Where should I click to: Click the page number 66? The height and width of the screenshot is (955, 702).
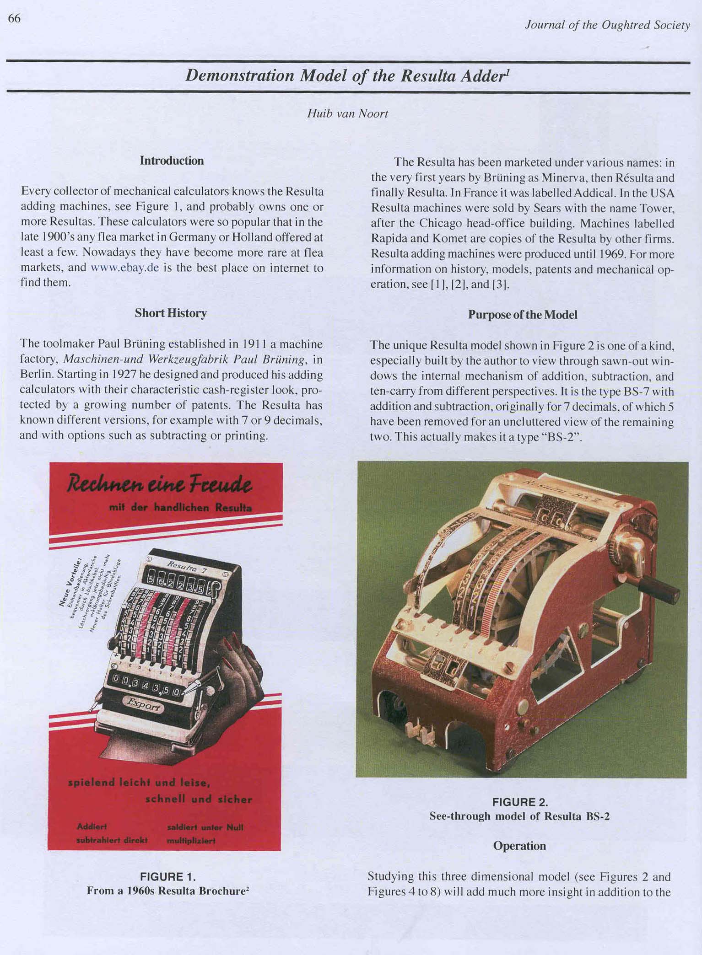coord(14,19)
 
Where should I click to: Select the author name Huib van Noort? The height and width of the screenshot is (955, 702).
coord(347,113)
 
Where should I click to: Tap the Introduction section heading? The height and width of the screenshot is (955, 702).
coord(172,161)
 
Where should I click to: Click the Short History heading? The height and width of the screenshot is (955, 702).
coord(171,313)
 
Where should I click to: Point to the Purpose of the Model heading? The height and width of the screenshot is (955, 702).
coord(522,315)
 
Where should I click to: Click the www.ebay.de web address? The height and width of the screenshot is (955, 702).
coord(125,268)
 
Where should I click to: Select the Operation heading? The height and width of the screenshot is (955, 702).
coord(519,846)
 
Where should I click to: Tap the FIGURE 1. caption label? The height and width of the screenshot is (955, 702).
coord(167,877)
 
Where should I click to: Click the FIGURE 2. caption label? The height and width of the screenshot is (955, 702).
coord(520,802)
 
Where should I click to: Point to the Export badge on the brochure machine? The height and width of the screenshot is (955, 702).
coord(144,705)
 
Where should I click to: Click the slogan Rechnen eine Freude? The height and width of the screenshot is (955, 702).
coord(159,484)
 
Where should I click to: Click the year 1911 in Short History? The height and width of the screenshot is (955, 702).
coord(251,344)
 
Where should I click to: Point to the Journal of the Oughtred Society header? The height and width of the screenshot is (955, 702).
coord(607,25)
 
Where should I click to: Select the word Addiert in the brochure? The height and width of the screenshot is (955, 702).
coord(92,826)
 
